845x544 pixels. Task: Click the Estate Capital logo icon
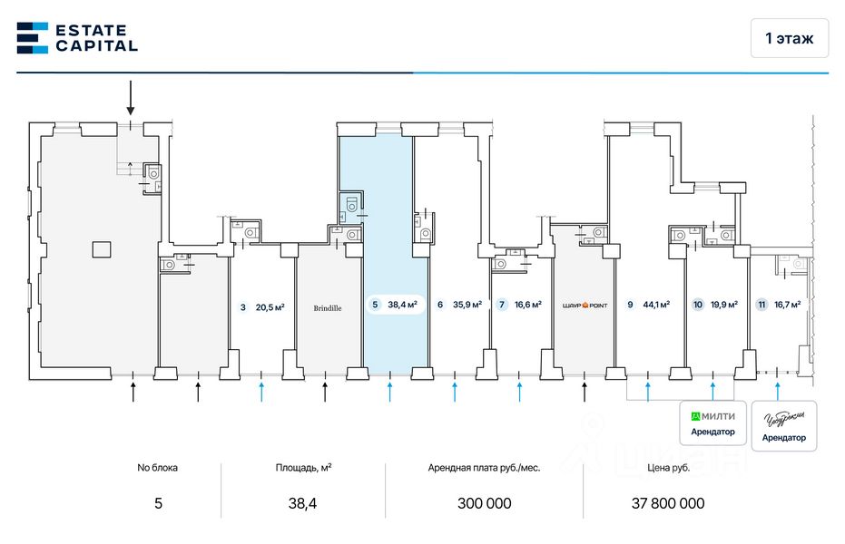tap(33, 37)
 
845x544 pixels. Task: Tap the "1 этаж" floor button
tap(789, 38)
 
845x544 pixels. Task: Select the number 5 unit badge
tap(374, 306)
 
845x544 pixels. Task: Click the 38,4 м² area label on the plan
tap(402, 306)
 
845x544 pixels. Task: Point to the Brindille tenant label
tap(328, 307)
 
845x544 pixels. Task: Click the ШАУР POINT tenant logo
tap(584, 306)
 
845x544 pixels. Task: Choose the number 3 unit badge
tap(243, 307)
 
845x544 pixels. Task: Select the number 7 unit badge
tap(502, 306)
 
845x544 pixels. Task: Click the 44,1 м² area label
tap(656, 306)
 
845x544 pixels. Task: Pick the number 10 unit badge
tap(698, 306)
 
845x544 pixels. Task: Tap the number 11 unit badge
tap(761, 306)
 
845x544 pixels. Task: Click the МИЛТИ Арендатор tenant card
tap(712, 423)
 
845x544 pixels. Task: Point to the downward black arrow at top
tap(131, 97)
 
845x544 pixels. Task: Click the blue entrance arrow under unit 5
tap(390, 391)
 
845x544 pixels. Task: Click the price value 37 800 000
tap(667, 503)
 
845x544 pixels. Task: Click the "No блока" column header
tap(158, 468)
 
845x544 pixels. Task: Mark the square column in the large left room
tap(101, 248)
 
